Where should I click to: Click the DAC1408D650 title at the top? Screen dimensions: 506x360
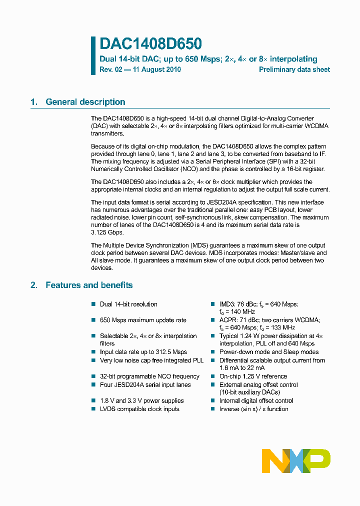tap(150, 44)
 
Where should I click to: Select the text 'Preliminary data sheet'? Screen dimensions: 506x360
tap(294, 69)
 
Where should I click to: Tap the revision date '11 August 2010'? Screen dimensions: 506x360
tap(156, 69)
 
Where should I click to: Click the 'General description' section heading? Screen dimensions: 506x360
tap(85, 102)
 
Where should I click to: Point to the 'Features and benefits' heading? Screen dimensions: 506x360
tap(89, 285)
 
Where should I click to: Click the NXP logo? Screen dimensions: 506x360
tap(296, 460)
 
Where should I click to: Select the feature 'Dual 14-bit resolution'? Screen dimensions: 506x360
tap(128, 304)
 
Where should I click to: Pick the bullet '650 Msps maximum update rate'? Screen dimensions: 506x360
tap(143, 320)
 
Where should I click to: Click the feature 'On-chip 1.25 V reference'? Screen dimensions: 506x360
tap(253, 376)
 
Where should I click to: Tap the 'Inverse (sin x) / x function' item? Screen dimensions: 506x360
tap(253, 408)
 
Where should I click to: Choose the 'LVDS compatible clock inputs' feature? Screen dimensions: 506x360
tap(139, 408)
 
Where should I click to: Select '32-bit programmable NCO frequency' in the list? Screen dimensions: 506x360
tap(149, 376)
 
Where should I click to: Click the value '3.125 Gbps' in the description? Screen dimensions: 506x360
tap(107, 232)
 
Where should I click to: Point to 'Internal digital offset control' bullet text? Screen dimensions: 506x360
tap(256, 400)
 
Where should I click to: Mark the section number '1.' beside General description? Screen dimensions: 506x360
tap(34, 102)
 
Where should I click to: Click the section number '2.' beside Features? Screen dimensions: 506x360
tap(34, 285)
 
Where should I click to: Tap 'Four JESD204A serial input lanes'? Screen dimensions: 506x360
tap(145, 384)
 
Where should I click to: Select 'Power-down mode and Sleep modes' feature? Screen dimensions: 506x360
tap(269, 352)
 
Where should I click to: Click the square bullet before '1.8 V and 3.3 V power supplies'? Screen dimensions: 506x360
tap(93, 400)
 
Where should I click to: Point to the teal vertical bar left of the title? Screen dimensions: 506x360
tap(93, 55)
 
